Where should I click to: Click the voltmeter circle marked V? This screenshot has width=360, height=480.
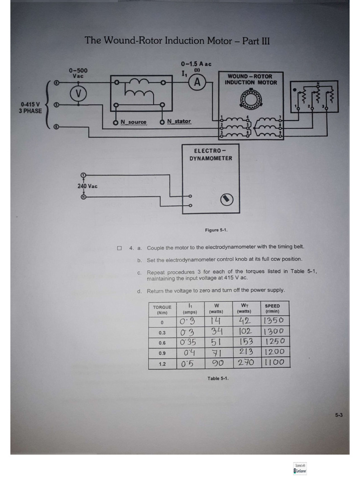(x=79, y=94)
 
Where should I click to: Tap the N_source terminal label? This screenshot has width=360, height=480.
(x=133, y=122)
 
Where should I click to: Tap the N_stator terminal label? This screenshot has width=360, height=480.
(x=179, y=122)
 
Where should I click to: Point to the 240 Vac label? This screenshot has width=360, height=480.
(x=87, y=186)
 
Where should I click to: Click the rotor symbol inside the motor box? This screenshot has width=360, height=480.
(x=248, y=98)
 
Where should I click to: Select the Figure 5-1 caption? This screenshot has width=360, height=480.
(x=216, y=230)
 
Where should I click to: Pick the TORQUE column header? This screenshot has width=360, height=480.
(x=162, y=310)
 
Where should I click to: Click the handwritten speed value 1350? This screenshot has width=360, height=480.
(x=273, y=321)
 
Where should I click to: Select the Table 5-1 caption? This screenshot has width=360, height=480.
(x=218, y=378)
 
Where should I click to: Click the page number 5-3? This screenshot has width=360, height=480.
(x=339, y=414)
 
